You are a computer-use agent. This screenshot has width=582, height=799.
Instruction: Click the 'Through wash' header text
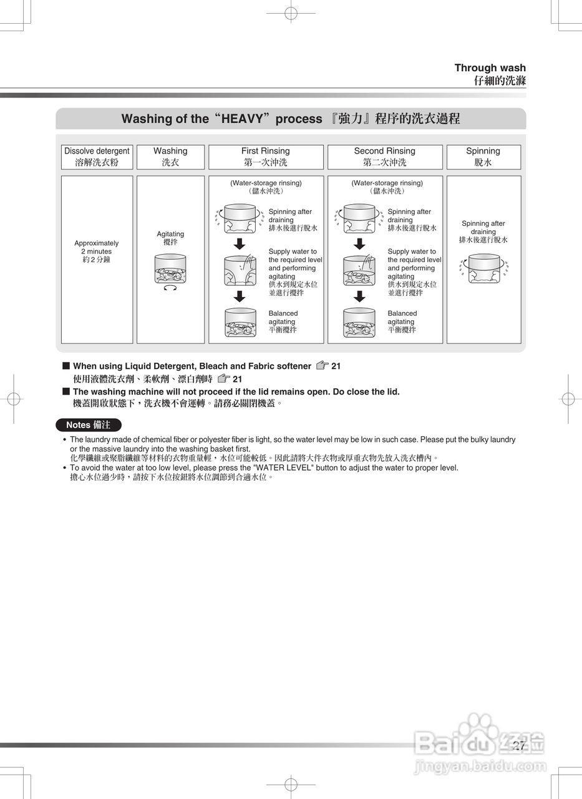(x=490, y=68)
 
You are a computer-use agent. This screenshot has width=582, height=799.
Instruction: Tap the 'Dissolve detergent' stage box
(x=97, y=157)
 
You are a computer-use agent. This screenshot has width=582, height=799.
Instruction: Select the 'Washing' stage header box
(x=170, y=157)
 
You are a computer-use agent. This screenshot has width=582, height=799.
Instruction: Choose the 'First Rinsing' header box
(x=266, y=157)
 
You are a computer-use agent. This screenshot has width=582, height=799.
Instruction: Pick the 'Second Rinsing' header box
(x=385, y=157)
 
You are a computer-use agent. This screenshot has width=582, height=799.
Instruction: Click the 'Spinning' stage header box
(x=483, y=157)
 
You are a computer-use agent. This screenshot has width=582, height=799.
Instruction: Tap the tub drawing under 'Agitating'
(x=170, y=268)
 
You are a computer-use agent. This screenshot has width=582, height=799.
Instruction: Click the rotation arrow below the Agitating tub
(x=170, y=288)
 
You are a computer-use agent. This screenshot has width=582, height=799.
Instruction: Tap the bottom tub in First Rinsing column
(x=240, y=322)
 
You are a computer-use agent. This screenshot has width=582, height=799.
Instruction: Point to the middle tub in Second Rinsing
(x=359, y=270)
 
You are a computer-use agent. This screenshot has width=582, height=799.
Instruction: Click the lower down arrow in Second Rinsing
(x=359, y=296)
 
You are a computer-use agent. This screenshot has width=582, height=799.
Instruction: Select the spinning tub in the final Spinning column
(x=483, y=268)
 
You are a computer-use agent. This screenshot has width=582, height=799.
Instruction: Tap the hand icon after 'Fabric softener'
(x=321, y=366)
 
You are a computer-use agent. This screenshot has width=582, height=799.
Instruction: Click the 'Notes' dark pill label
(x=88, y=425)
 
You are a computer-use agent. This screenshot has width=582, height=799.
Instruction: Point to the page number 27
(x=519, y=745)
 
